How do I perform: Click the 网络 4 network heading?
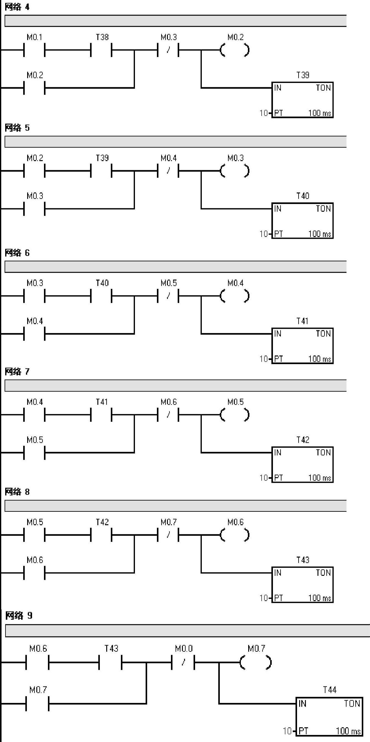(x=17, y=7)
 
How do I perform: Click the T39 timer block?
(x=302, y=100)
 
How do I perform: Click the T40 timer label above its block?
(x=303, y=196)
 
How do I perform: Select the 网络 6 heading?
(x=17, y=253)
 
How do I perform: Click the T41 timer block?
(x=302, y=346)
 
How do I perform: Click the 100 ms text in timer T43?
(x=320, y=598)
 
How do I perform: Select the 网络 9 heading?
(x=19, y=615)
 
